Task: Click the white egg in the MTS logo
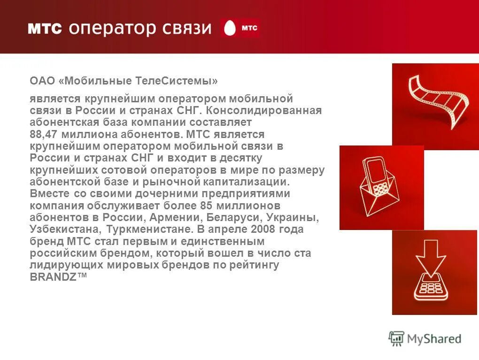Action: pyautogui.click(x=230, y=29)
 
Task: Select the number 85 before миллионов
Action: pyautogui.click(x=208, y=206)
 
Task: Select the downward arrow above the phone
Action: pyautogui.click(x=431, y=260)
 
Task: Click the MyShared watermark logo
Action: pyautogui.click(x=425, y=338)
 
